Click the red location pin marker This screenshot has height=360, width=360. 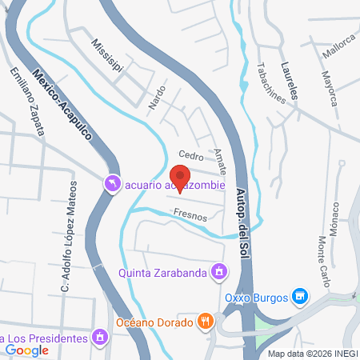[180, 177]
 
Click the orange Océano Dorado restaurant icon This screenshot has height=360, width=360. [206, 322]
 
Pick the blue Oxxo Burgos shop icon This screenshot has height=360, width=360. [299, 298]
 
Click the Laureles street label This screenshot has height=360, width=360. [290, 82]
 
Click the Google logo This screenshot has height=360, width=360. [27, 350]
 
